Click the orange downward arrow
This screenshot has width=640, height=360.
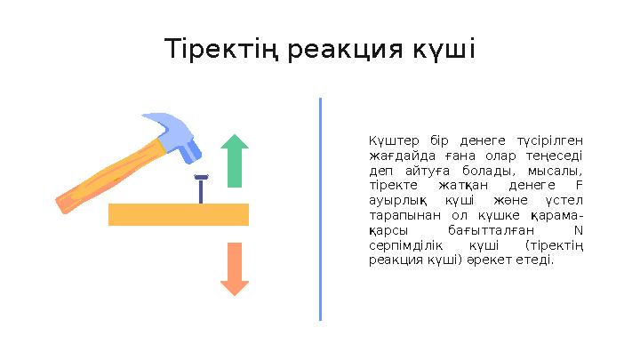tap(235, 268)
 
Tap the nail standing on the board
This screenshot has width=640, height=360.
tap(201, 188)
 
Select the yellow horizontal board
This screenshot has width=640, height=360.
tap(178, 214)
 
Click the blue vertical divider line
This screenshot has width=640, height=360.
tap(320, 209)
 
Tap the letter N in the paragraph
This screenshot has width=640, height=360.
tap(580, 230)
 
